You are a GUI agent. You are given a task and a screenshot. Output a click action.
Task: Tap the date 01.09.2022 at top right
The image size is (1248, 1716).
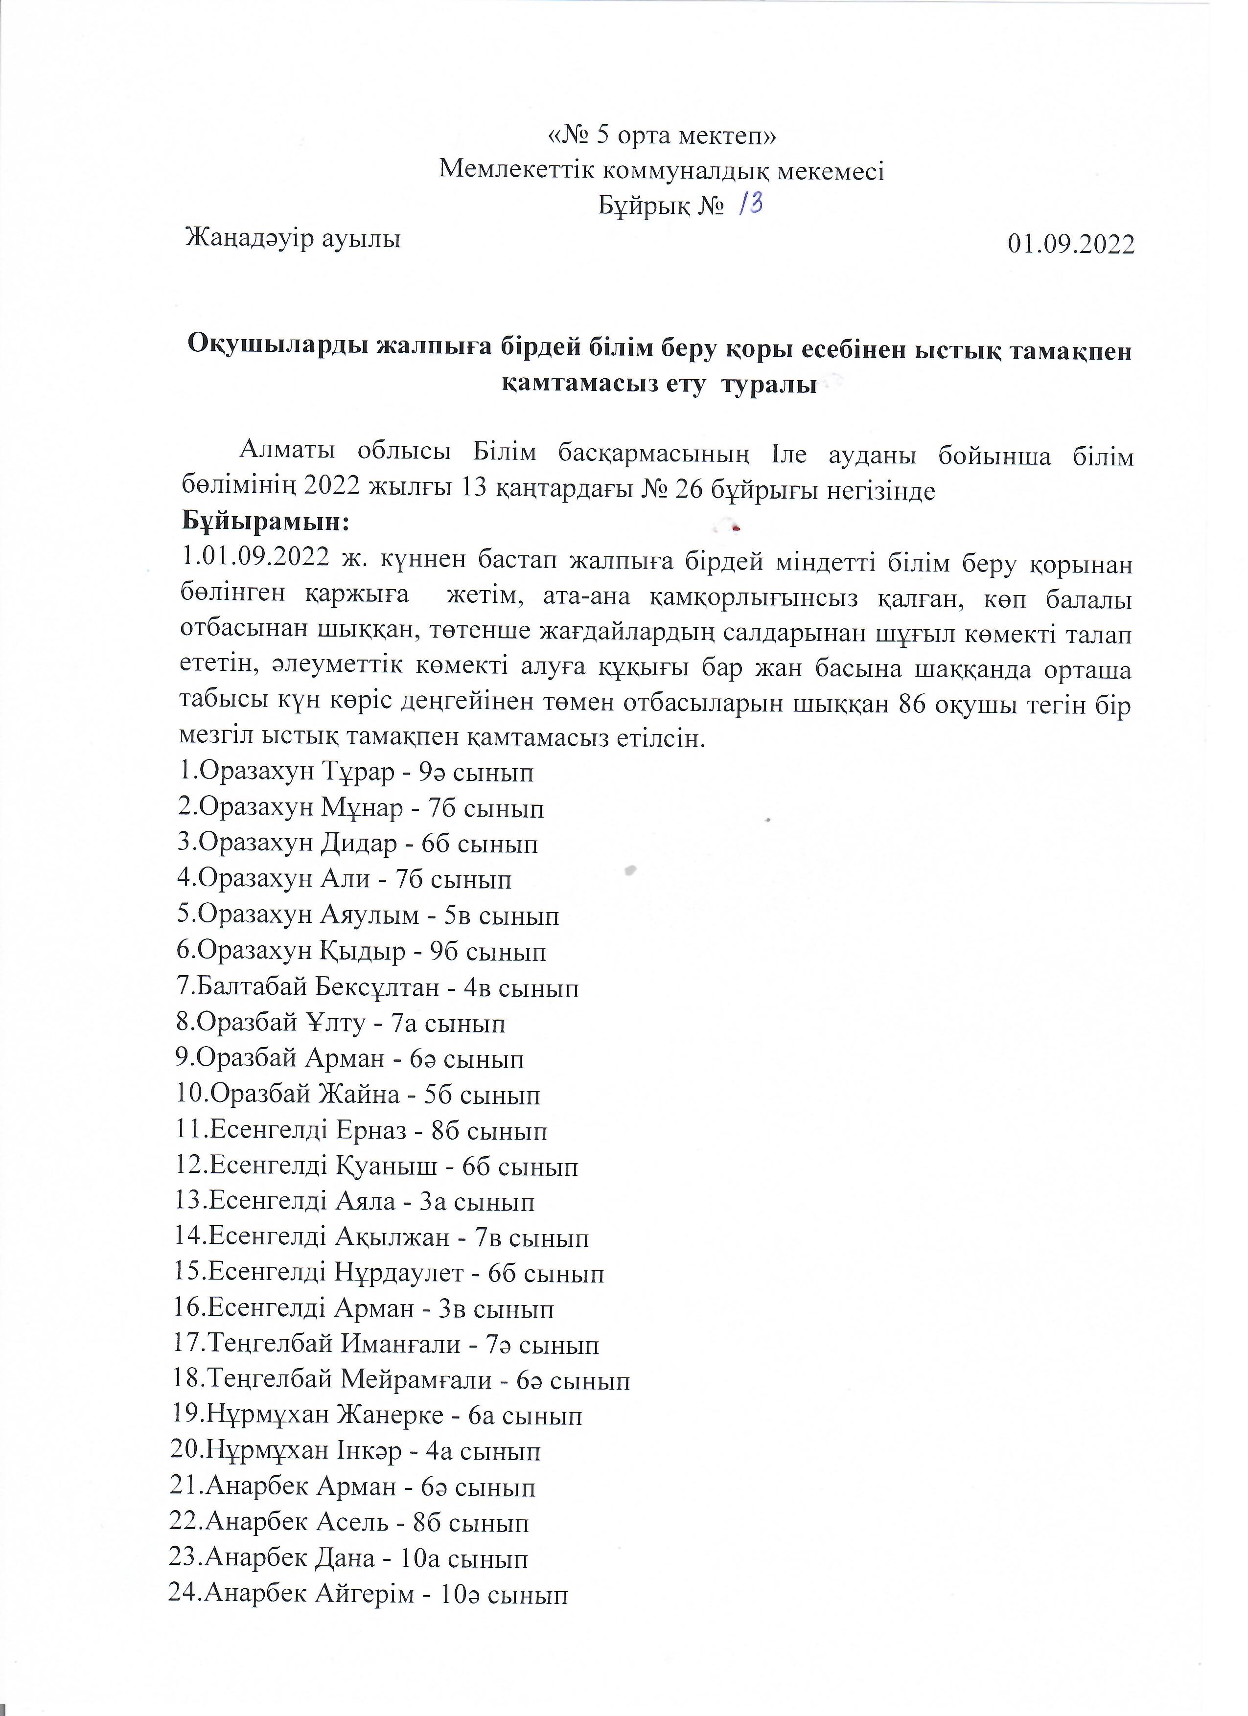tap(1070, 244)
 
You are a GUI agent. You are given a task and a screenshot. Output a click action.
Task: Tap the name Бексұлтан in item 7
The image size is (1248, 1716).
tap(378, 987)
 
